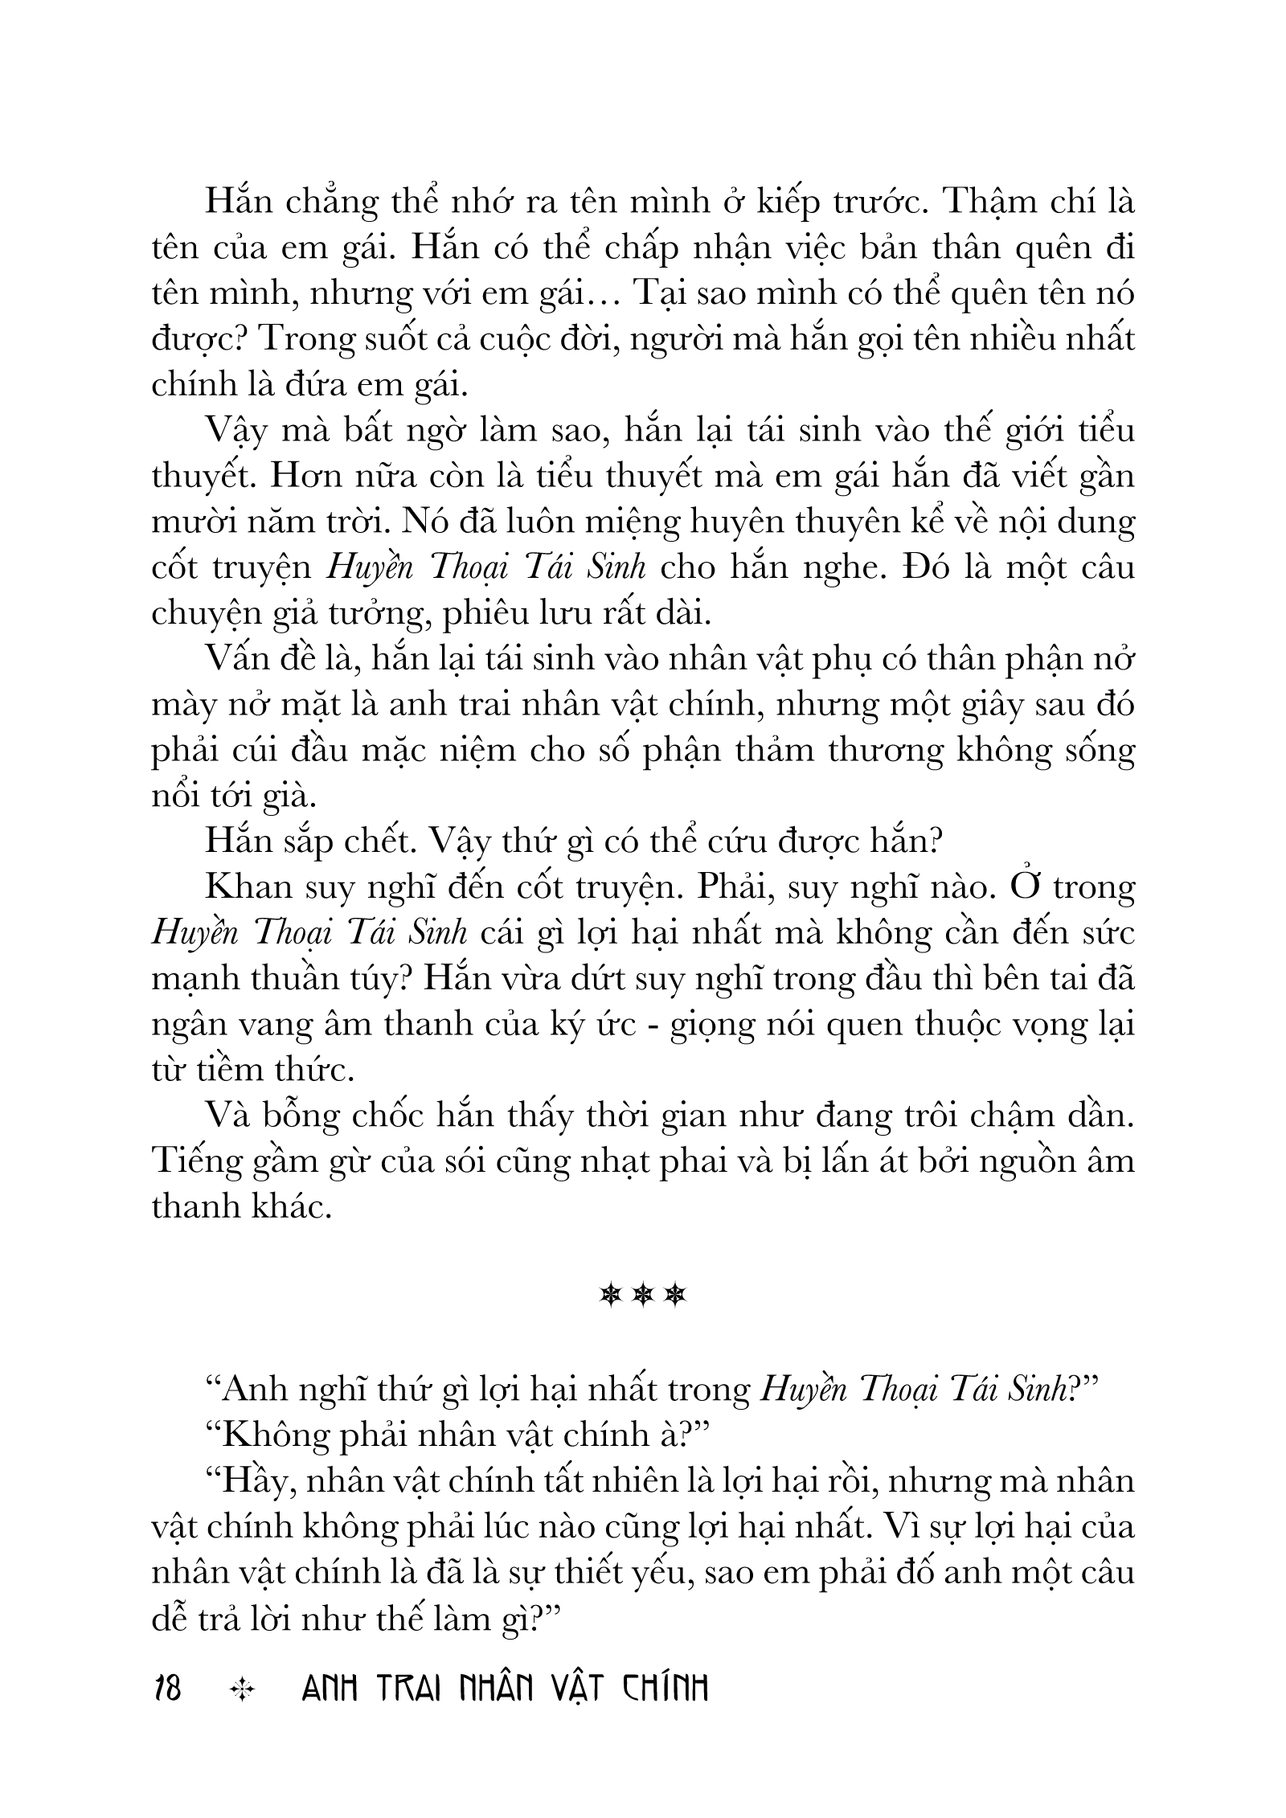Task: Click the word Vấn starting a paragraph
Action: [239, 660]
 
